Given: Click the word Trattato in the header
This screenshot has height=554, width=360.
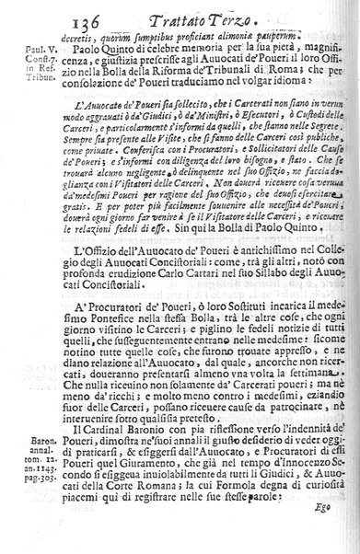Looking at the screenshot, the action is coord(180,12).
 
